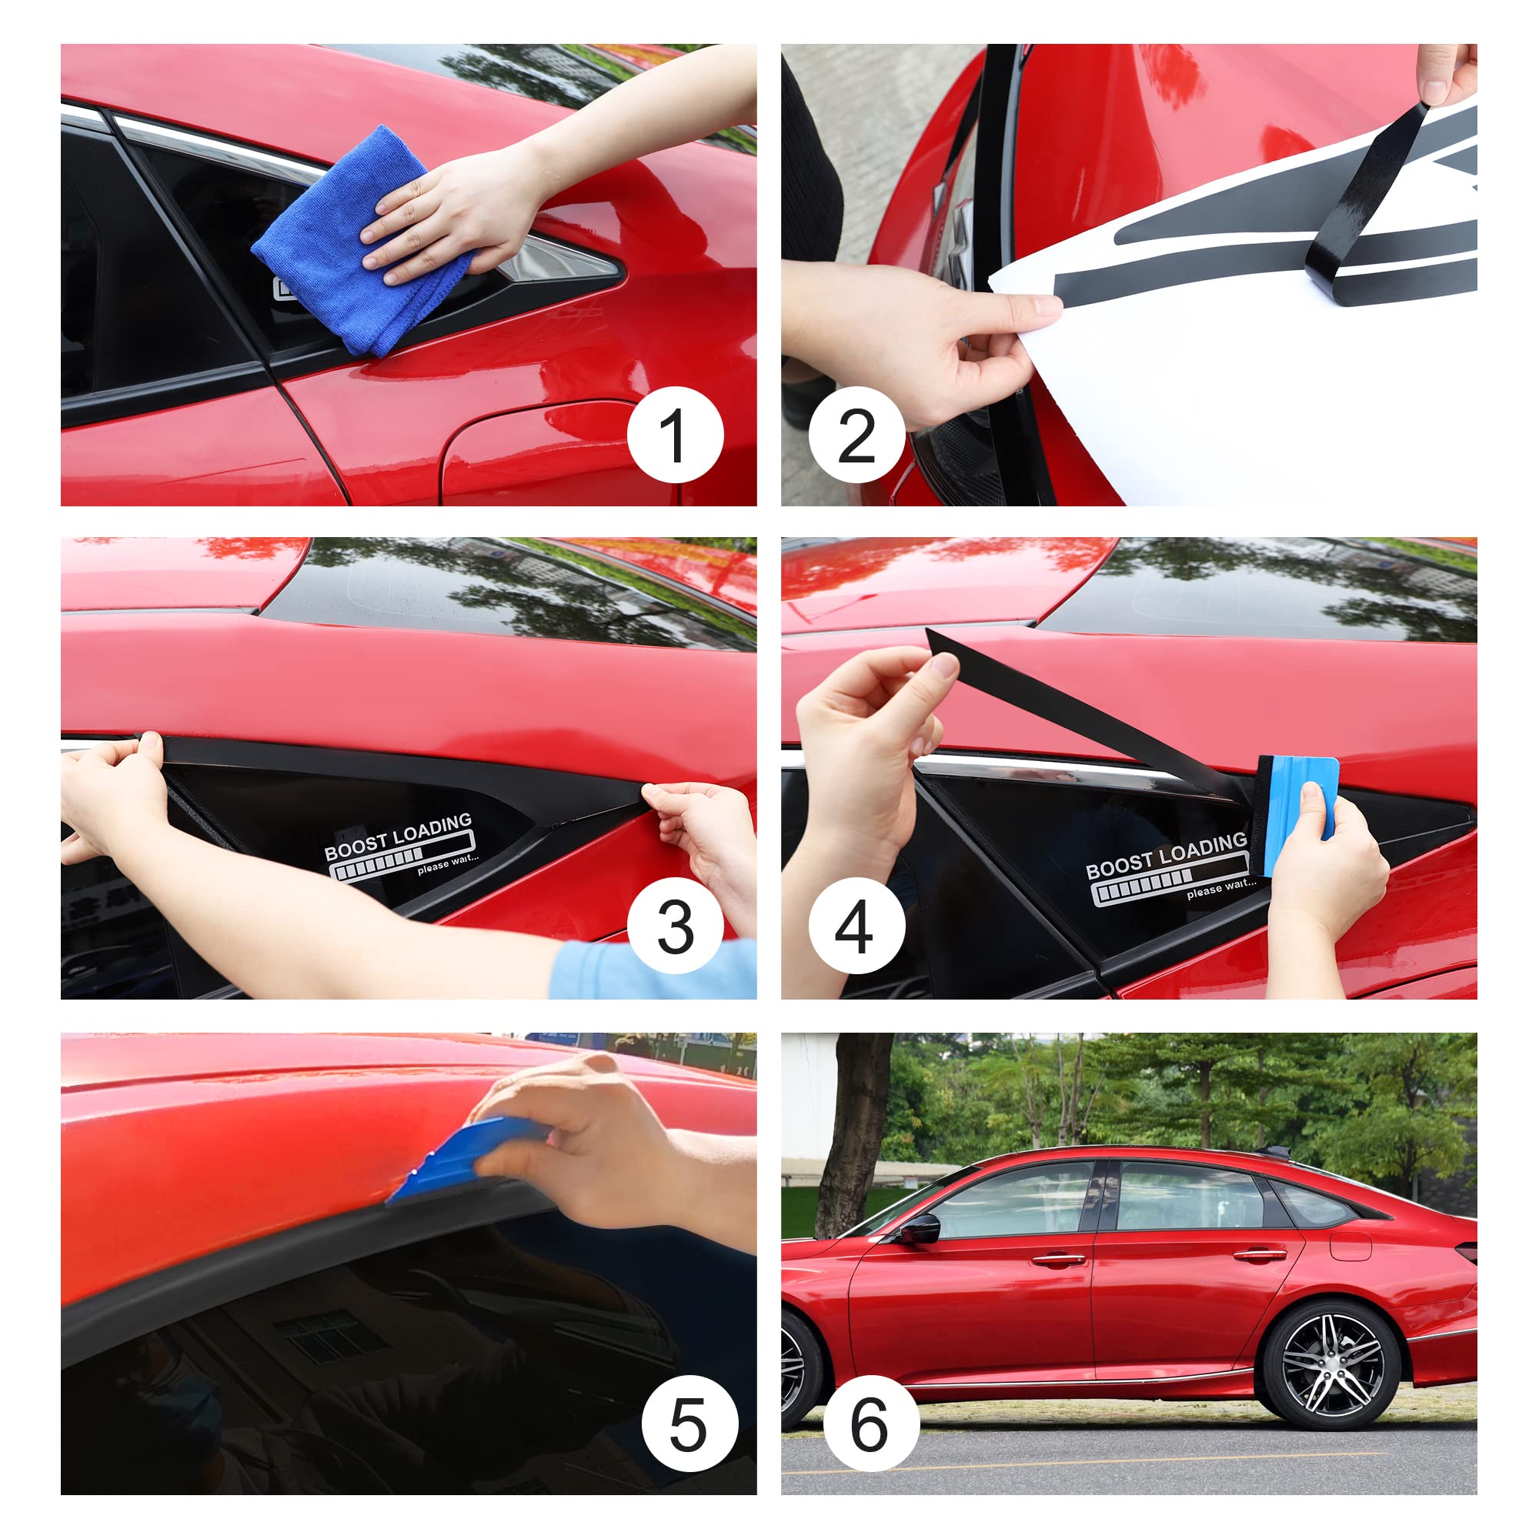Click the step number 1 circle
point(675,435)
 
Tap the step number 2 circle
point(856,435)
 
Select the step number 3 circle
point(675,928)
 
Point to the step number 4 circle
point(856,928)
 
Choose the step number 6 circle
point(870,1424)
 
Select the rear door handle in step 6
point(1260,1257)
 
